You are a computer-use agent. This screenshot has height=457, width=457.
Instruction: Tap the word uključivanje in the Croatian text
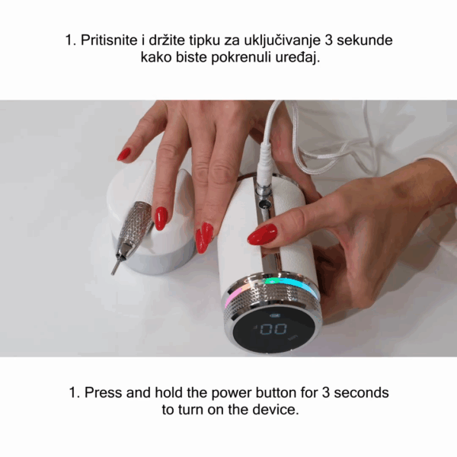pyautogui.click(x=282, y=41)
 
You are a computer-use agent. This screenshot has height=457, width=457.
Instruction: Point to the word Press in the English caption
pyautogui.click(x=104, y=392)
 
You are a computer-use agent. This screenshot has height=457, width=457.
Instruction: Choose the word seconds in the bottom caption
pyautogui.click(x=361, y=392)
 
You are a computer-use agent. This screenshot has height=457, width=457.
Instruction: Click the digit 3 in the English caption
pyautogui.click(x=326, y=392)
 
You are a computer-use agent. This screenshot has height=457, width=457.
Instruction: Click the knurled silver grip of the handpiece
pyautogui.click(x=136, y=221)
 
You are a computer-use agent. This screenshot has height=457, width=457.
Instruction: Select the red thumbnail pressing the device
pyautogui.click(x=262, y=234)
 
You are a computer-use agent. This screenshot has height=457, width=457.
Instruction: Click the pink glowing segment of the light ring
pyautogui.click(x=235, y=293)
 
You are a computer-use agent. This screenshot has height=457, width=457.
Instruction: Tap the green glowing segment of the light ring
pyautogui.click(x=270, y=281)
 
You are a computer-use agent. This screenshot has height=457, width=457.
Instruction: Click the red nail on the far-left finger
pyautogui.click(x=124, y=154)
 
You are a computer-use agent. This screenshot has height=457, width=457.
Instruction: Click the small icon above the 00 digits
pyautogui.click(x=275, y=315)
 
